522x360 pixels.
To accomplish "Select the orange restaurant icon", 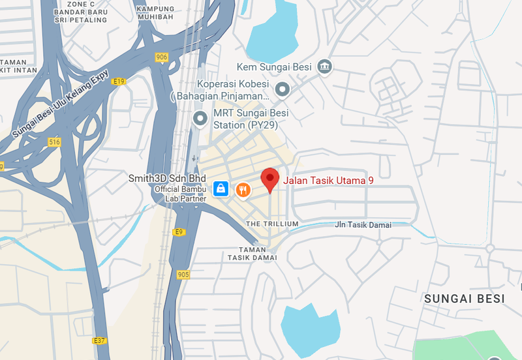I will point(243,189).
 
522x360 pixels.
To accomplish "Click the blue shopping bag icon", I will point(221,189).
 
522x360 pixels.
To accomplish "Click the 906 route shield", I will point(162,57).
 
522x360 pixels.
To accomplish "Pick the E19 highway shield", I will point(118,82).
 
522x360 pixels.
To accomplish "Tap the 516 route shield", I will point(54,142).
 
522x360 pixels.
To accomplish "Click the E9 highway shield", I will point(179,232).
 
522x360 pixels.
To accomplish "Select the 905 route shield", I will point(183,275).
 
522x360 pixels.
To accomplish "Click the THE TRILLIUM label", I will point(272,224).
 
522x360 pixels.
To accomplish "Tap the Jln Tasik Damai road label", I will point(363,225).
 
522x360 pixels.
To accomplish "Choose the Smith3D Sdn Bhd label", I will point(167,178).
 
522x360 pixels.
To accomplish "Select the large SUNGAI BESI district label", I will point(465,299).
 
